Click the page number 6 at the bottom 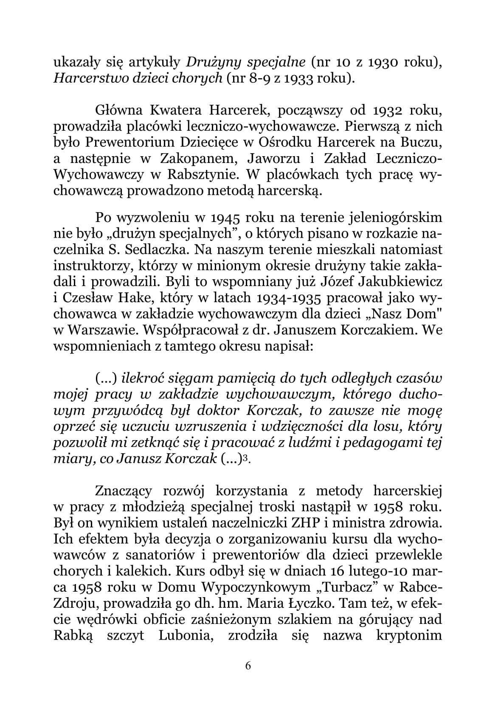click(248, 665)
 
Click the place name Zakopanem click(194, 159)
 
